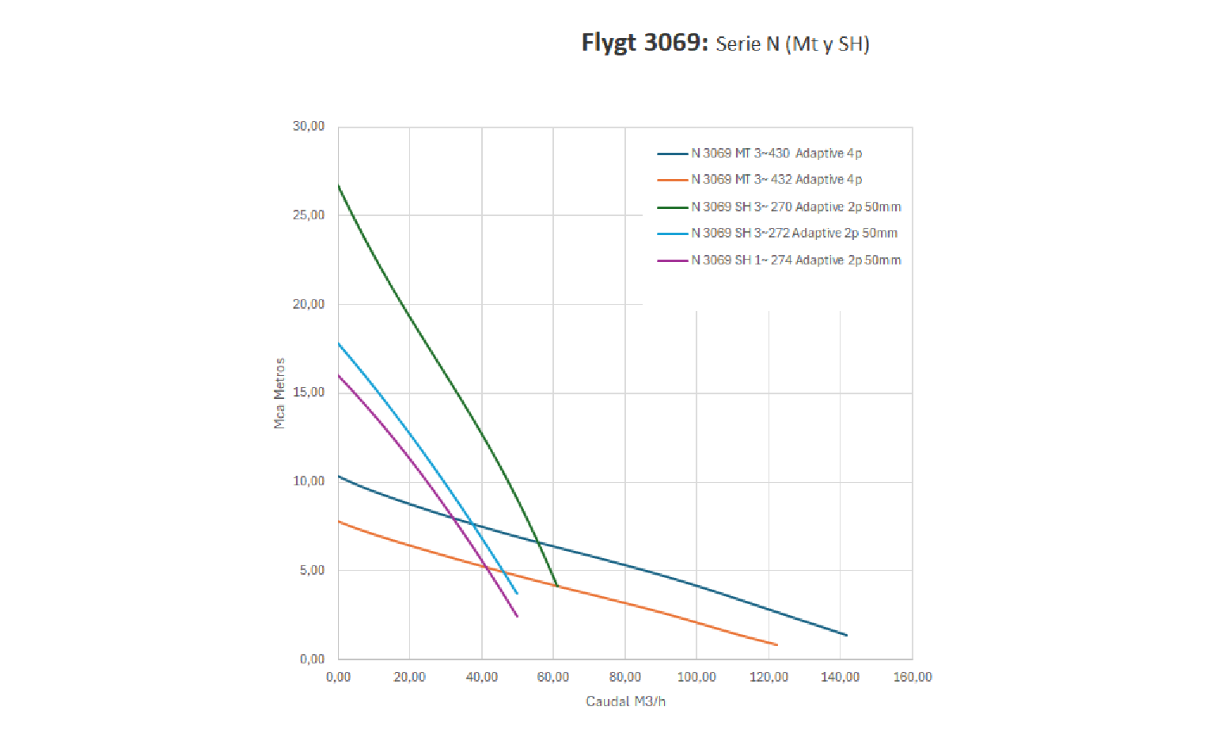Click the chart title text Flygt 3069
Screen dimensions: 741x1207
(x=643, y=43)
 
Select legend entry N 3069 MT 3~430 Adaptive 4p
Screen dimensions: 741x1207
(x=776, y=154)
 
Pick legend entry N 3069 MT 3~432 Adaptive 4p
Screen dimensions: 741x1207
(x=776, y=180)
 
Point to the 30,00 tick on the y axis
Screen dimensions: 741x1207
(x=309, y=127)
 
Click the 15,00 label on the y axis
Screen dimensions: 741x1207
(x=309, y=393)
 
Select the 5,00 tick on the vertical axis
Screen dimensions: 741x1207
(x=312, y=571)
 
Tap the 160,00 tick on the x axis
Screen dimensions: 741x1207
(x=913, y=678)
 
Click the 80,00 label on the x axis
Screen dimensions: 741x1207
(x=625, y=678)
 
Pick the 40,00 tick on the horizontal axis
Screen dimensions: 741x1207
(x=482, y=678)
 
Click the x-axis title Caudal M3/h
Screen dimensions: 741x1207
(x=625, y=701)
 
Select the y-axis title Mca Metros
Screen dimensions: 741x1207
(x=279, y=393)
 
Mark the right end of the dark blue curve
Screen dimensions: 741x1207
(x=846, y=635)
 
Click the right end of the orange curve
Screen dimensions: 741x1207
(x=776, y=644)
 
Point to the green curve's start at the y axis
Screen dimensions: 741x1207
(x=339, y=186)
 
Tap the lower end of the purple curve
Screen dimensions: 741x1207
(x=517, y=616)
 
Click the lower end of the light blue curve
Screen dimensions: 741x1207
(x=517, y=593)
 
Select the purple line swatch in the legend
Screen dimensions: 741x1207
(x=672, y=260)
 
